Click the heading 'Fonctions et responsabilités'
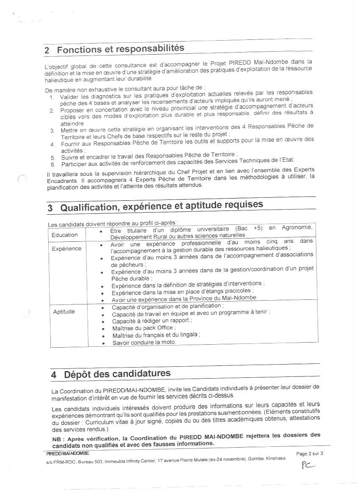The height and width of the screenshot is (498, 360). tap(120, 49)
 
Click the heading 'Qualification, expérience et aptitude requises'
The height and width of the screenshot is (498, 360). tap(161, 206)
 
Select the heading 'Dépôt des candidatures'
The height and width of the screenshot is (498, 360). tap(117, 374)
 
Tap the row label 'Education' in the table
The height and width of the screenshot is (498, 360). tap(65, 235)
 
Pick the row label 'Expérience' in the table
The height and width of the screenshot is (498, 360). tap(66, 249)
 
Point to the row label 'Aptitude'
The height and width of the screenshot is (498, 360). tap(64, 312)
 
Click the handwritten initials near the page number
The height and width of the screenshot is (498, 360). tap(308, 465)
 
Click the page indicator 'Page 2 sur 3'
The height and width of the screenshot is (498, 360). tap(310, 454)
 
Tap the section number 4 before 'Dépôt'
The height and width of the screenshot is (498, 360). tap(53, 375)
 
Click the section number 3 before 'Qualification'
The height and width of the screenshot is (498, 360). tap(50, 208)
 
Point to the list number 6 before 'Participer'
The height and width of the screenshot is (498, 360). tap(53, 164)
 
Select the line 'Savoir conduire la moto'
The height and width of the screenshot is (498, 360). tap(144, 342)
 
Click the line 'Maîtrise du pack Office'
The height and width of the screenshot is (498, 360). tap(144, 328)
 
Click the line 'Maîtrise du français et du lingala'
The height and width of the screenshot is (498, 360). tap(156, 335)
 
